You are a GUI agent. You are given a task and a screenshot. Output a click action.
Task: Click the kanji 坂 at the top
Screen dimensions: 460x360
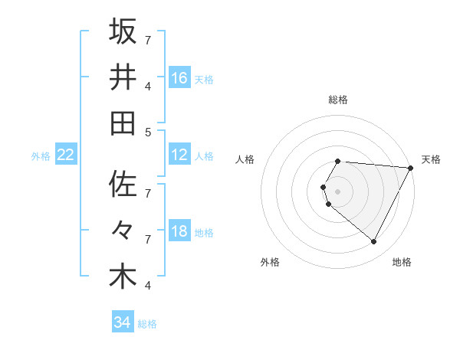123,32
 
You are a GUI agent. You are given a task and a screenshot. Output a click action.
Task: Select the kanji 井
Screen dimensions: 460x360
123,77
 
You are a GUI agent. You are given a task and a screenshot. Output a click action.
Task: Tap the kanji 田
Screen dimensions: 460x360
123,123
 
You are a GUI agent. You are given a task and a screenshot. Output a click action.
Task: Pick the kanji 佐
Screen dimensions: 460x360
123,185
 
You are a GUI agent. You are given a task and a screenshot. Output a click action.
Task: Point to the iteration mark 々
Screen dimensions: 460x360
123,231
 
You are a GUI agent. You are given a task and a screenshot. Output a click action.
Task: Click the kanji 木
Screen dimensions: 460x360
123,276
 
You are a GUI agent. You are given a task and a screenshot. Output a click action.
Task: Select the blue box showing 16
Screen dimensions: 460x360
179,78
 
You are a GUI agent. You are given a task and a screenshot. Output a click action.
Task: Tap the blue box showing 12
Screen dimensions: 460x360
179,155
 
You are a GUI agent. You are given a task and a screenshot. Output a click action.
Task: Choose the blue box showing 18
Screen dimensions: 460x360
179,231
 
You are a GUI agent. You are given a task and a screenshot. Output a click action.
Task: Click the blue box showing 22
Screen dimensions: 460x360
66,155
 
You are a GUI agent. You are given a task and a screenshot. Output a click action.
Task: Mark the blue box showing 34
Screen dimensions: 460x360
123,322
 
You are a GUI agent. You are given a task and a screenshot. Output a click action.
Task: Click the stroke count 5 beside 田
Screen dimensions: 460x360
148,132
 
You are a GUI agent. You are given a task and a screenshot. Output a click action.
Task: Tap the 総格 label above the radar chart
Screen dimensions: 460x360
338,100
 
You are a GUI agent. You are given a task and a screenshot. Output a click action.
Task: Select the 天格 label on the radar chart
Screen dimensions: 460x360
431,159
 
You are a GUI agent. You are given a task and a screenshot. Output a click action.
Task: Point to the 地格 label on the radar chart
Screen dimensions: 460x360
402,262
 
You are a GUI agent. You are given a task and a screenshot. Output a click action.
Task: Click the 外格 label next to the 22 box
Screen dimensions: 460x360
41,156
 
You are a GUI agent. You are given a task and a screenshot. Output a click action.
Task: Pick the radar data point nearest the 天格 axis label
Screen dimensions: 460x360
412,168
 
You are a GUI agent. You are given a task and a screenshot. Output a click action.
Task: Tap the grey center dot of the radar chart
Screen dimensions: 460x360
338,191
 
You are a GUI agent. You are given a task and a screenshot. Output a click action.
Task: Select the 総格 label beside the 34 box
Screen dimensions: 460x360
147,324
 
